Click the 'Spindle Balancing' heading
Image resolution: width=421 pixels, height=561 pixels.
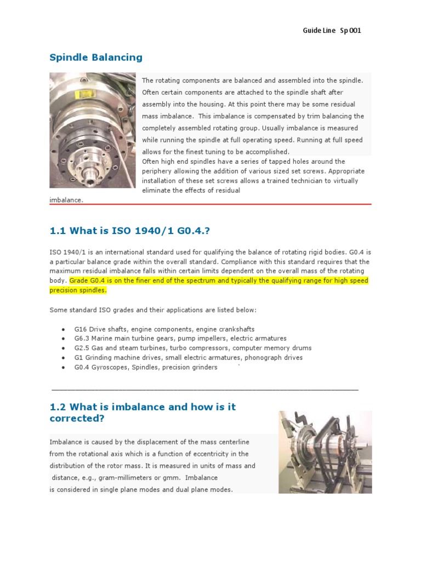tap(96, 58)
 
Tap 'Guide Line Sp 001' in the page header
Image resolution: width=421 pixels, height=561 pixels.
tap(332, 31)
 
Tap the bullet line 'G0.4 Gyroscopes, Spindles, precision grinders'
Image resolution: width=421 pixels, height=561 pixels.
tap(146, 367)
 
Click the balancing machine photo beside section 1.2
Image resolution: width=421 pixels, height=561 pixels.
tap(325, 452)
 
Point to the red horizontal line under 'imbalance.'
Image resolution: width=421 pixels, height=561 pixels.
tap(210, 204)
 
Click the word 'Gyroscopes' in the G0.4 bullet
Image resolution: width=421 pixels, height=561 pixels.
tap(110, 367)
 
